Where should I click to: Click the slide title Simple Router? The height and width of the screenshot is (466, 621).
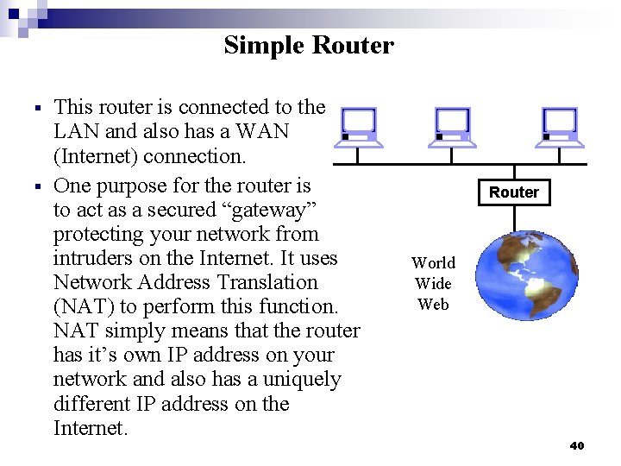[x=308, y=45]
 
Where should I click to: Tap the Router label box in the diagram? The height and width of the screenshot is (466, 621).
[x=514, y=192]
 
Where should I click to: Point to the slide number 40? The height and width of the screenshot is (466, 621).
[x=577, y=445]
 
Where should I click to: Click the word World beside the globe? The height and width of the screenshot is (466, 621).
[x=433, y=263]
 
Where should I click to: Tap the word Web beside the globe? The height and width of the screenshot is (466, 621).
[x=433, y=304]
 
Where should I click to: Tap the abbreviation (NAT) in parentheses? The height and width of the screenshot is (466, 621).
[x=80, y=306]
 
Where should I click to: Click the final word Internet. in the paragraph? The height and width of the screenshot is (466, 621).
[x=91, y=428]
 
